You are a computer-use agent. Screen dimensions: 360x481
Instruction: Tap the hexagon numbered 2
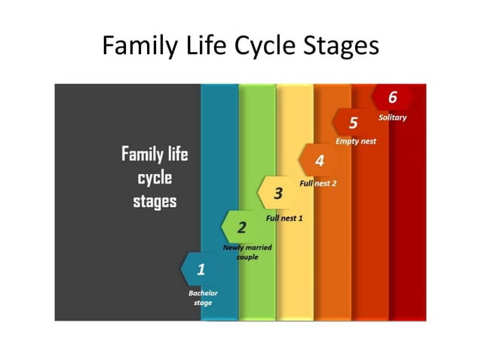[241, 227]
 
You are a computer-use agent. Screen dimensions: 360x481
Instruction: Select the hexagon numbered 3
[277, 194]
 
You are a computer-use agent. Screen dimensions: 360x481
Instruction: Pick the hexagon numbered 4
[318, 160]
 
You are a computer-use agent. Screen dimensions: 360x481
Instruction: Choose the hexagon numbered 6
[392, 97]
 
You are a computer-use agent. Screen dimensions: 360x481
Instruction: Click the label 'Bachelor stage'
[203, 297]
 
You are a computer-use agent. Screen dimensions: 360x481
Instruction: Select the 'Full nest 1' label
[284, 218]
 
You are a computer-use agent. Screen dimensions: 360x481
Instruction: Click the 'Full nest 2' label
[317, 183]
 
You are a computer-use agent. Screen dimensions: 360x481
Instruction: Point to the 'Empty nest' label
[356, 141]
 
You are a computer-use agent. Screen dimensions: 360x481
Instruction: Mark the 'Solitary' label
[392, 117]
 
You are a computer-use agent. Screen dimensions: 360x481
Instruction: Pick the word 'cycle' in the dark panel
[155, 178]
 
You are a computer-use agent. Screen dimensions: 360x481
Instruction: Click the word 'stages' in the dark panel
[155, 202]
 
